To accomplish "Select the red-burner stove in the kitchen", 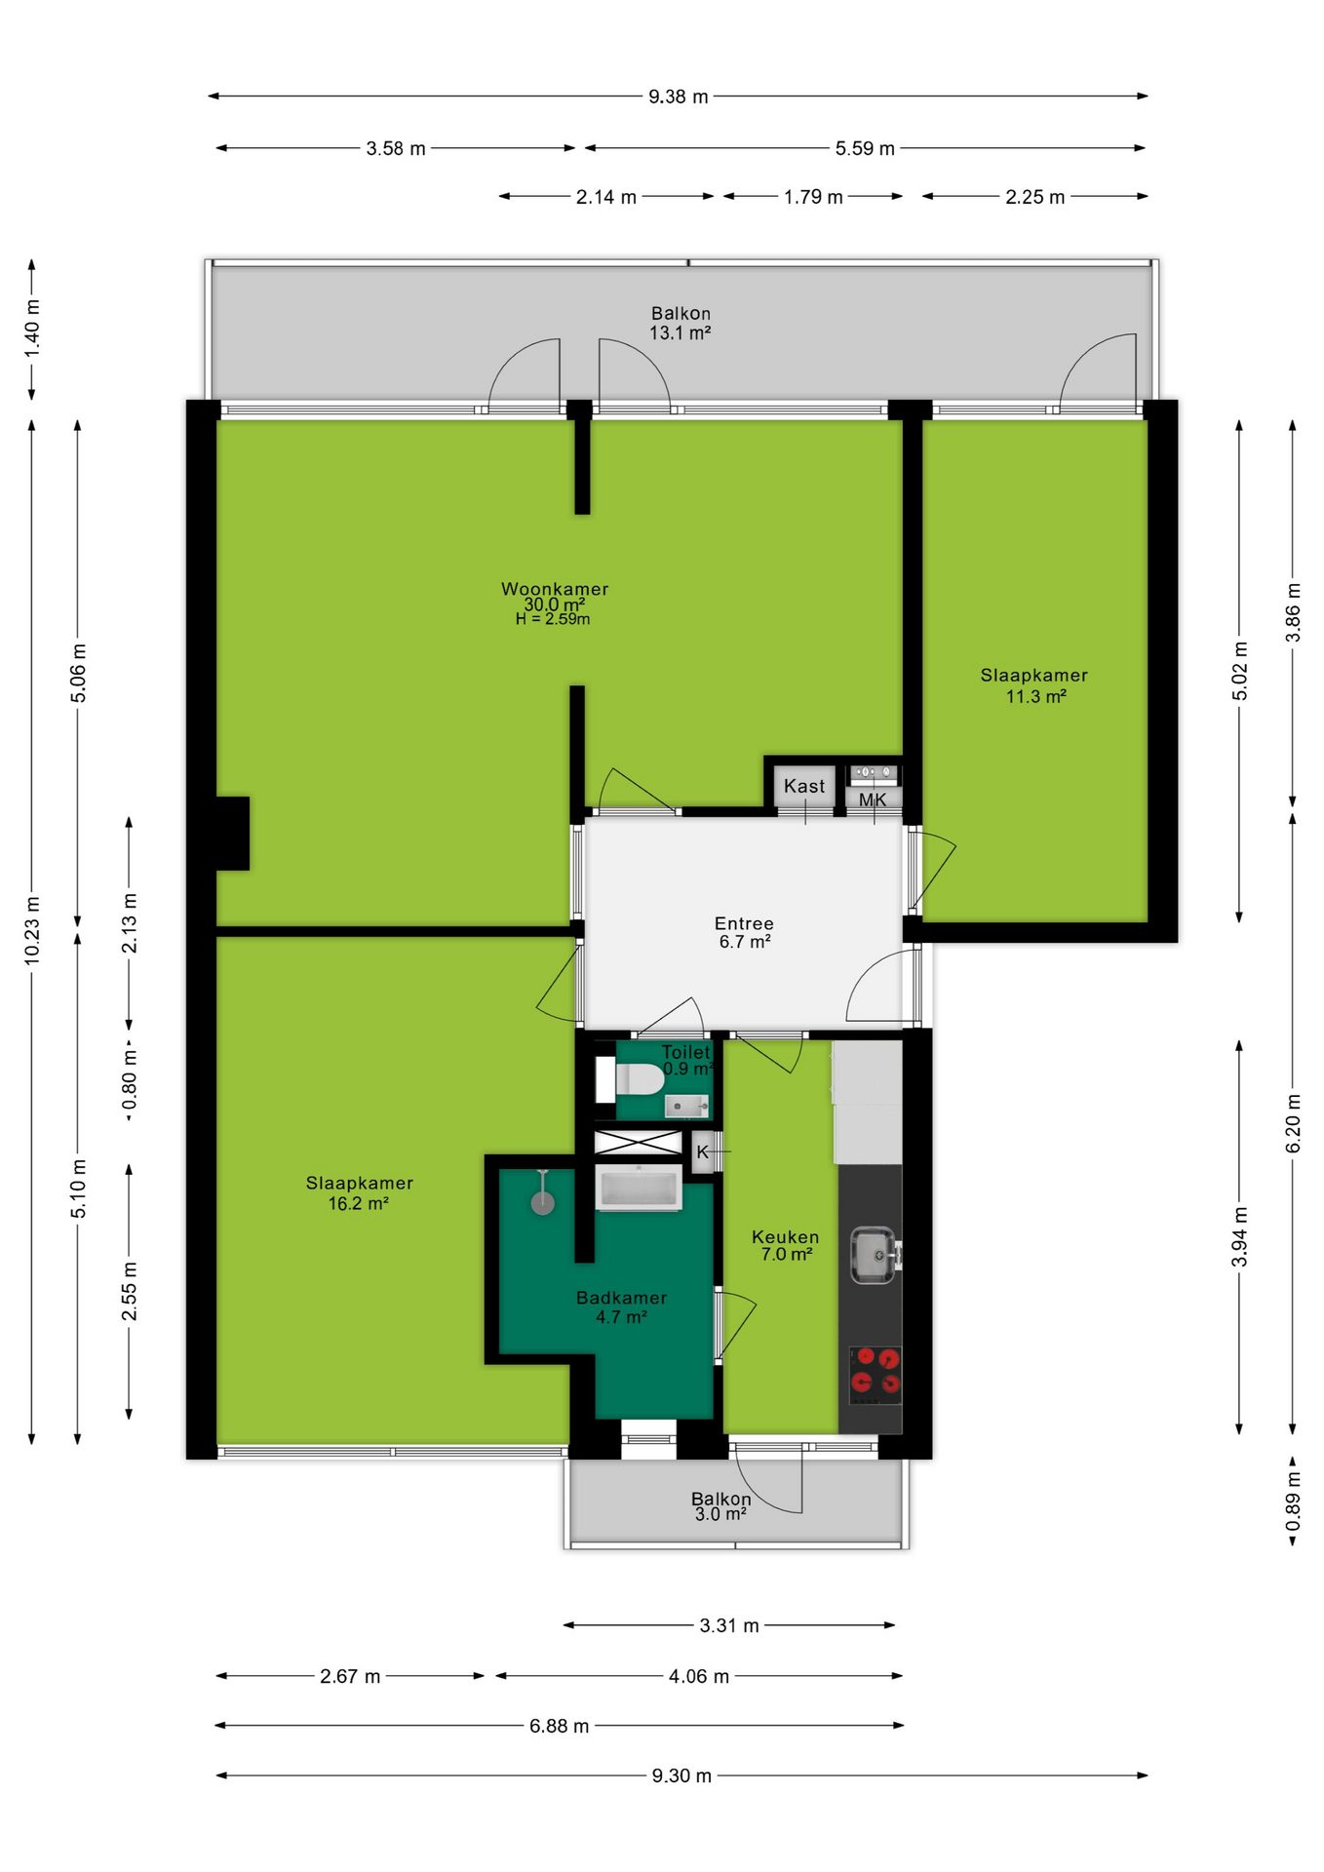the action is pos(875,1375).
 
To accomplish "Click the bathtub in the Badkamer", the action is pos(639,1188).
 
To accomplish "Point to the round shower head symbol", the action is pos(543,1203).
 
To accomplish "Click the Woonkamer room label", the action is pos(555,589).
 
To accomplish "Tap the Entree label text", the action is pos(744,923).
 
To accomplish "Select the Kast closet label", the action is pos(804,786).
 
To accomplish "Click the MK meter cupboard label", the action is pos(873,799).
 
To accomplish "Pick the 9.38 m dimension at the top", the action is pos(679,97).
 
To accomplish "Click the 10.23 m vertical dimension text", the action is pos(32,930).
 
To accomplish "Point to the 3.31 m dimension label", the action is pos(729,1625).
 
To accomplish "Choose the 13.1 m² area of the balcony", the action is pos(681,332).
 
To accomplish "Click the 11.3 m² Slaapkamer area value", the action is pos(1036,696).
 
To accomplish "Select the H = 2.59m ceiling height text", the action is pos(553,619).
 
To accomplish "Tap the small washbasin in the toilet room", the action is pos(687,1106).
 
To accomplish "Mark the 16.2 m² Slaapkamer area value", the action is pos(359,1203).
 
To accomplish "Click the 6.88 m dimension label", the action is pos(560,1726).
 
